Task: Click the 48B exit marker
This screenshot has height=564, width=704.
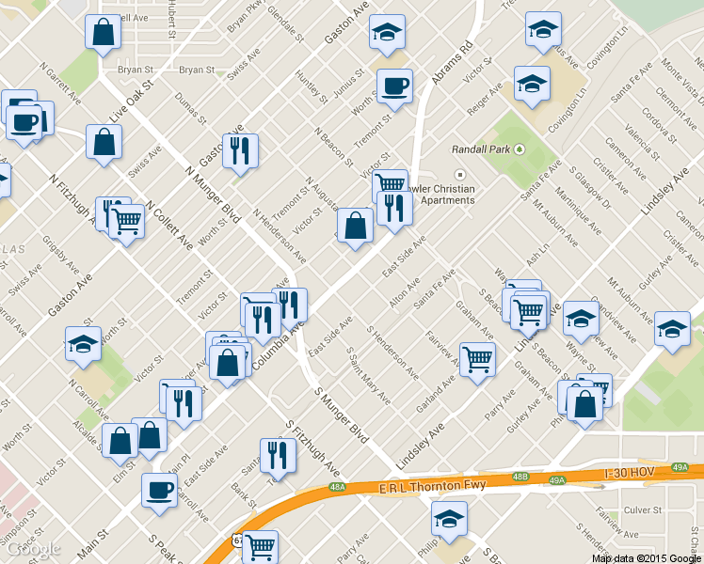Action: click(x=520, y=477)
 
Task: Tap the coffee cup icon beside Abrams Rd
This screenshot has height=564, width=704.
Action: click(x=394, y=86)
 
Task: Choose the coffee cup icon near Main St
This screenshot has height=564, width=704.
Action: click(x=159, y=490)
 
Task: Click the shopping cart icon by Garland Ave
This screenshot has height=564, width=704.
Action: click(x=478, y=358)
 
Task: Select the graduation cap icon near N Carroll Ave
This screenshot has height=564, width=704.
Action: click(x=83, y=343)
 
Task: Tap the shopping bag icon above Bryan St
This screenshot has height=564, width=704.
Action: click(x=104, y=32)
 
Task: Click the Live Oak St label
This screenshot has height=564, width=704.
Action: click(x=131, y=100)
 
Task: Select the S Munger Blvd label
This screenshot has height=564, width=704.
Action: click(x=341, y=415)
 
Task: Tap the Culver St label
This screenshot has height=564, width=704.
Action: click(x=644, y=509)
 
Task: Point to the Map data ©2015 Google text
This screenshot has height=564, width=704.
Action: click(x=645, y=557)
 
